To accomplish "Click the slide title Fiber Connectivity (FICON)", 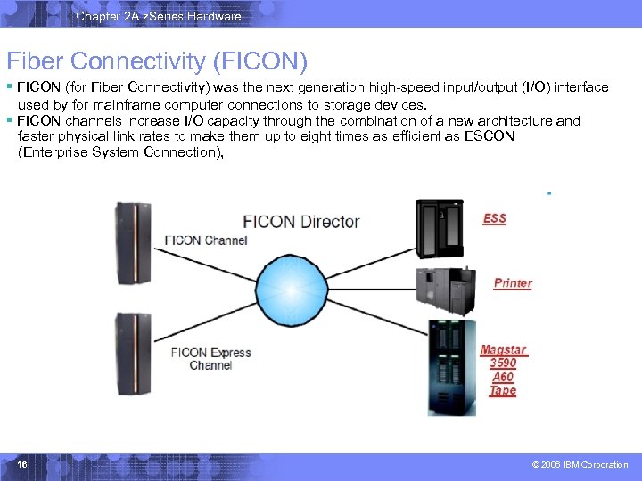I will (x=157, y=61).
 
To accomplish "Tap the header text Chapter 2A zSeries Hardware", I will (x=159, y=16).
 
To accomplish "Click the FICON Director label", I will (x=301, y=221).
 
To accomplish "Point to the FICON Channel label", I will (x=206, y=240).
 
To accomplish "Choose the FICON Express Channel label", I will (x=210, y=359).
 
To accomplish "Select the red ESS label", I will (x=494, y=218).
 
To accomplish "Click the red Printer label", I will (x=513, y=283).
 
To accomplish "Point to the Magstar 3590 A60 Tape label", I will (x=503, y=370).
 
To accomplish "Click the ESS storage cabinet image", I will (x=440, y=227).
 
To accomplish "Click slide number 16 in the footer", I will (x=22, y=465).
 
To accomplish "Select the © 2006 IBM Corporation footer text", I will (x=580, y=465).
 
